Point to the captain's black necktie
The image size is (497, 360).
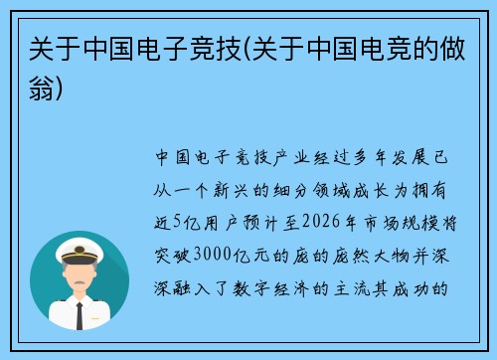click(x=80, y=316)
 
